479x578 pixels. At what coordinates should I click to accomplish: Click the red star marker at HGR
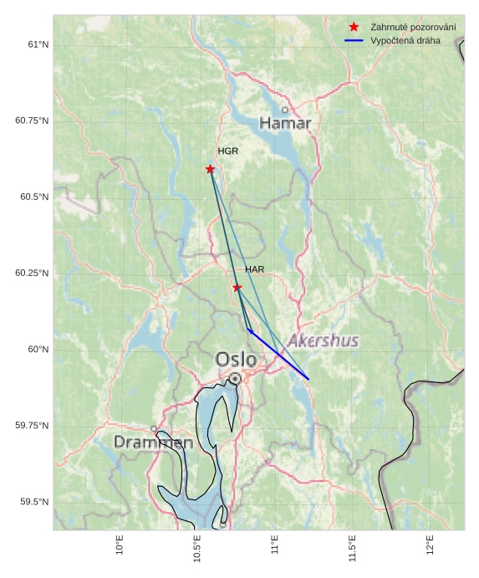[210, 169]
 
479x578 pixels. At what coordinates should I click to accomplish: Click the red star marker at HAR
[237, 288]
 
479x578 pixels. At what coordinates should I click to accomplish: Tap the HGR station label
[227, 151]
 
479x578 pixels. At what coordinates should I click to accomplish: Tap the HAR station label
[254, 270]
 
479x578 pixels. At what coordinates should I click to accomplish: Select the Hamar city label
[285, 124]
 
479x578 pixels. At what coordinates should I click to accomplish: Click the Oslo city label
[236, 360]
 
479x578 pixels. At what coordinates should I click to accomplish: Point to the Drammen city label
[153, 442]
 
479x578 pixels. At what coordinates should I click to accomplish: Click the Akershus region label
[323, 340]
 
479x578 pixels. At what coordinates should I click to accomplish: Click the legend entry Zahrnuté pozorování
[413, 28]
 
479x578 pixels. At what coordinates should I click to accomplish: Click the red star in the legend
[354, 28]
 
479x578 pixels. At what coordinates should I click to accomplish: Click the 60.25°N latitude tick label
[32, 274]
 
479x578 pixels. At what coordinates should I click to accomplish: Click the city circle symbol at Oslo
[235, 379]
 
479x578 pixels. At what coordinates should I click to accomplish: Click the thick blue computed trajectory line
[280, 355]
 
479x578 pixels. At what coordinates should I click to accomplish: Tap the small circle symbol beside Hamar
[285, 110]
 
